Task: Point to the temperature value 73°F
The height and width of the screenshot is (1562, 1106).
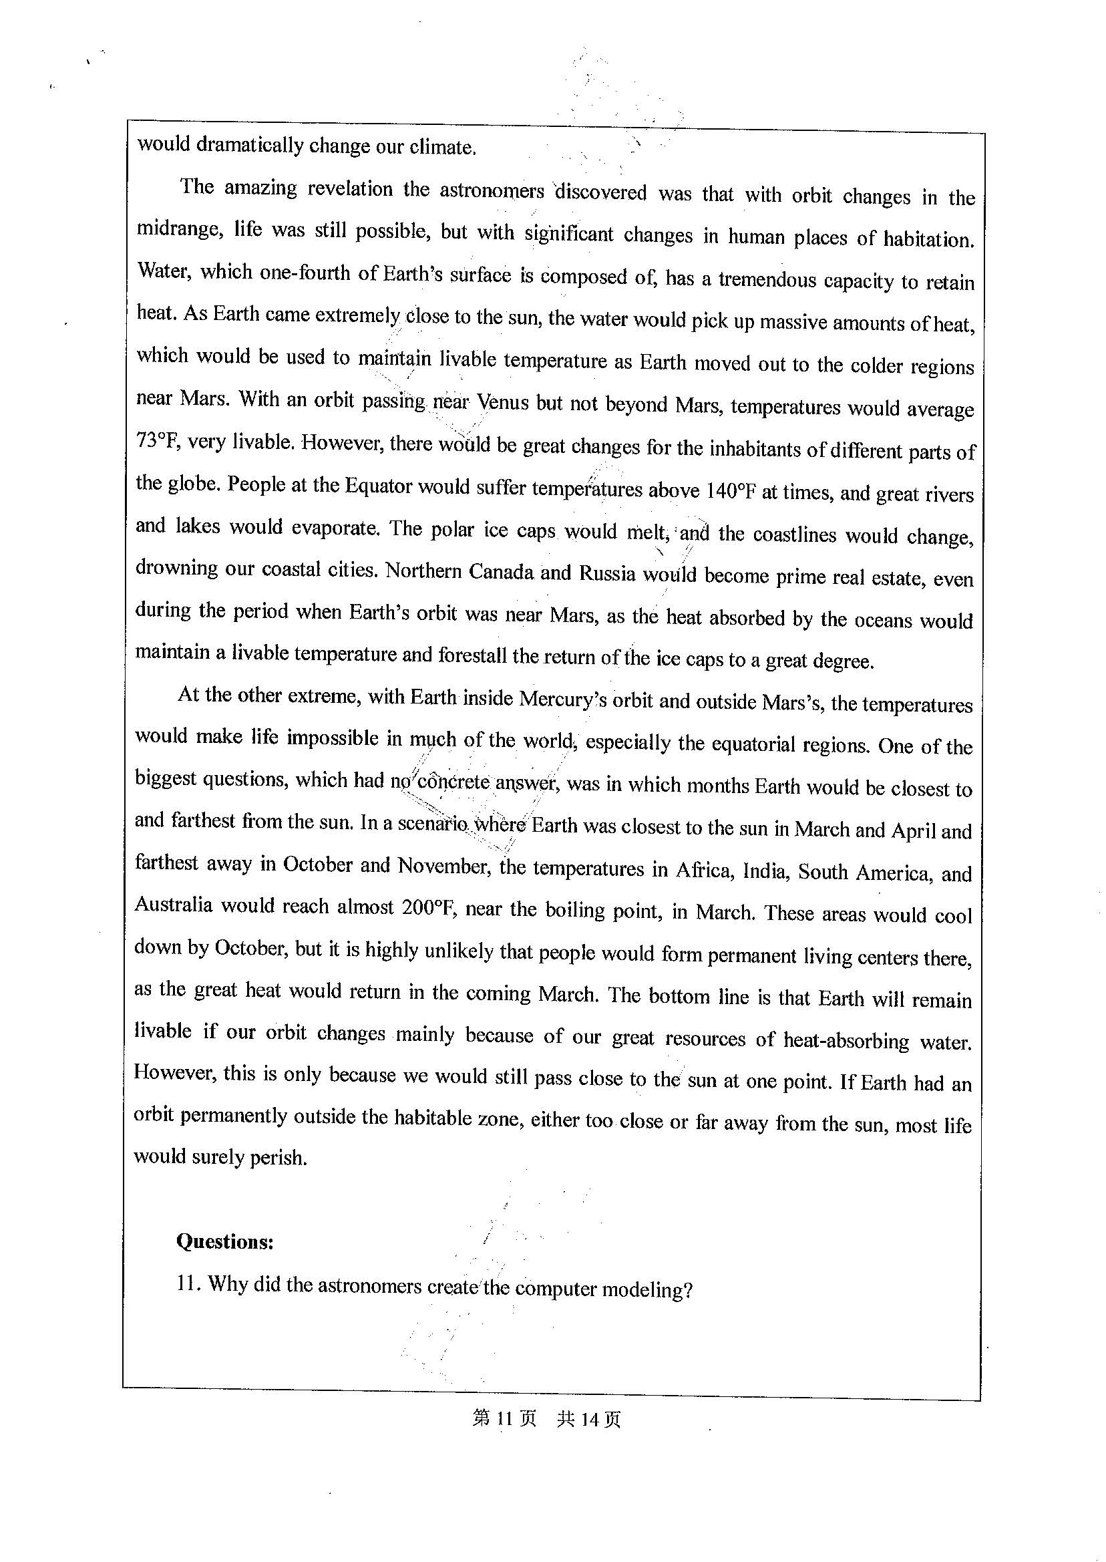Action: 157,442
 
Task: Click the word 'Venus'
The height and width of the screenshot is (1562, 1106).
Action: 503,403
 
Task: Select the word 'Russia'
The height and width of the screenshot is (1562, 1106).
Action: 607,573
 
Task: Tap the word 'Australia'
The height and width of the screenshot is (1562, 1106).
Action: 173,905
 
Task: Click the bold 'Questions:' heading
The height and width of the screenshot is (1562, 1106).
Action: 225,1242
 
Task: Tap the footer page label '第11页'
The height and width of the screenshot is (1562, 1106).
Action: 504,1419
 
